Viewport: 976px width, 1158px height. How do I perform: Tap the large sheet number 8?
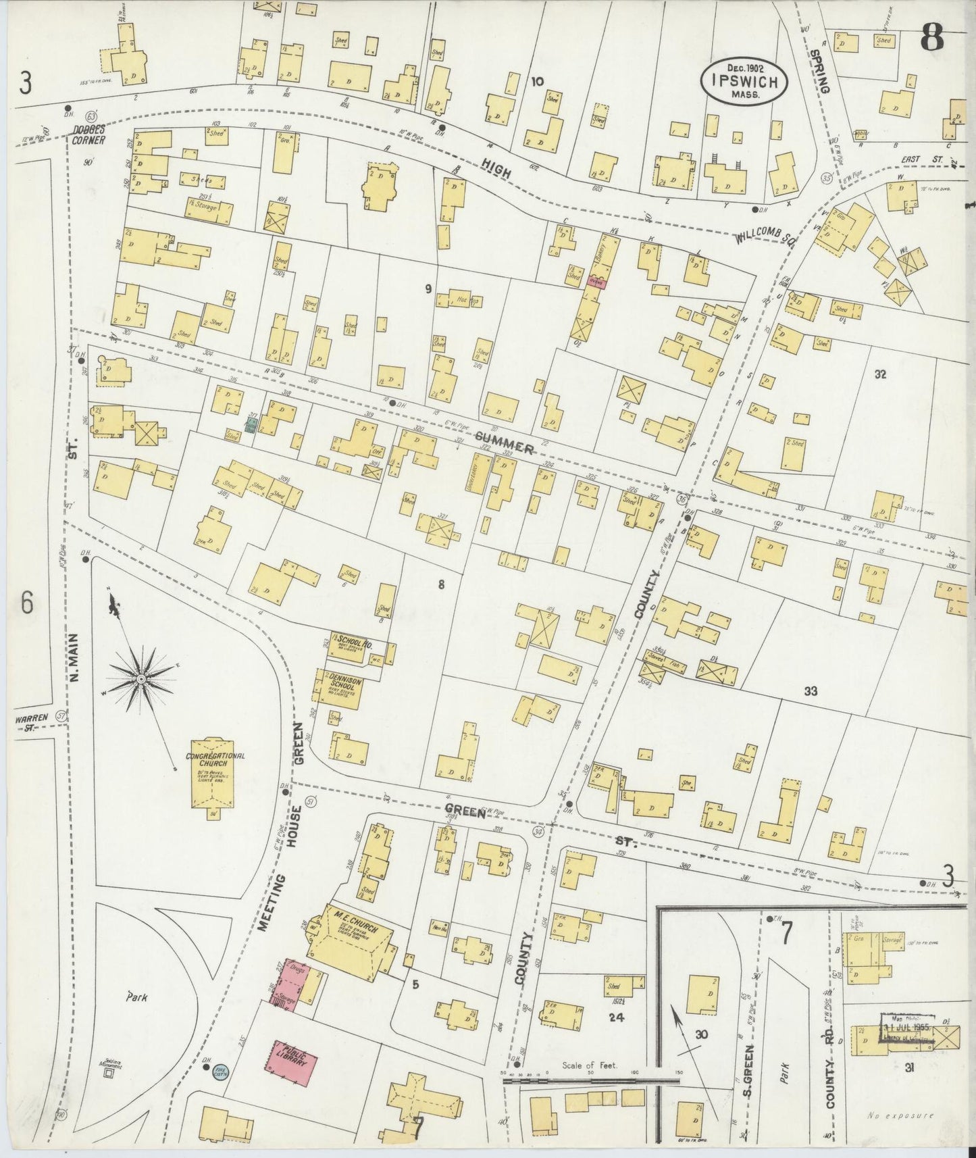point(931,41)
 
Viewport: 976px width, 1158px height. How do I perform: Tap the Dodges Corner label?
point(89,136)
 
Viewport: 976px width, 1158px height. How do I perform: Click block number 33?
point(811,691)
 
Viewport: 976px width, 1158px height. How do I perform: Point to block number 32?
point(880,375)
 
